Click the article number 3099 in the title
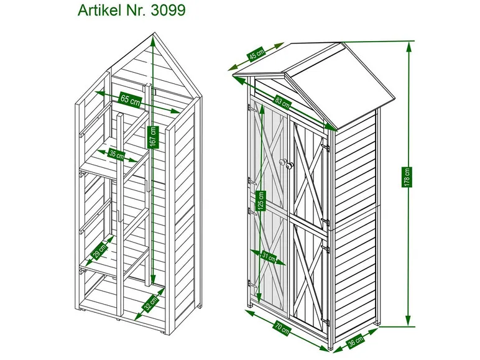[163, 11]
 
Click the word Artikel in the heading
[100, 11]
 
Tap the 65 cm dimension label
[130, 99]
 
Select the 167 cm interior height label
[153, 136]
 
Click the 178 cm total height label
[408, 177]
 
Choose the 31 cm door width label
[267, 256]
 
